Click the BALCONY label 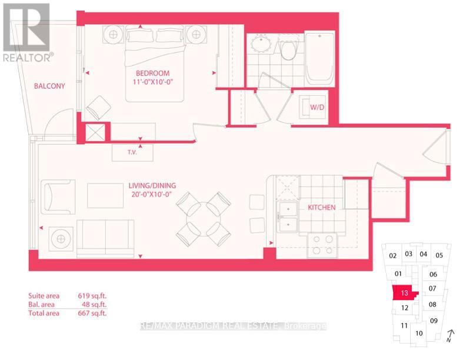coord(49,86)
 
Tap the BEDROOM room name coord(153,73)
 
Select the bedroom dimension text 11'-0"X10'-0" coord(153,82)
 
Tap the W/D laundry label coord(317,107)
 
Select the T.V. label coord(132,152)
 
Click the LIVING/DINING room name coord(152,186)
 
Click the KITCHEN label coord(322,207)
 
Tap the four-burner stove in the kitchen coord(322,245)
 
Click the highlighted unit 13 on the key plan coord(404,293)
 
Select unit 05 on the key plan coord(440,255)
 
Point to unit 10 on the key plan coord(419,334)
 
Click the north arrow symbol coord(450,336)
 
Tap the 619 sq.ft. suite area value coord(92,296)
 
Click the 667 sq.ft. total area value coord(92,313)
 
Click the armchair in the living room coord(58,196)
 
